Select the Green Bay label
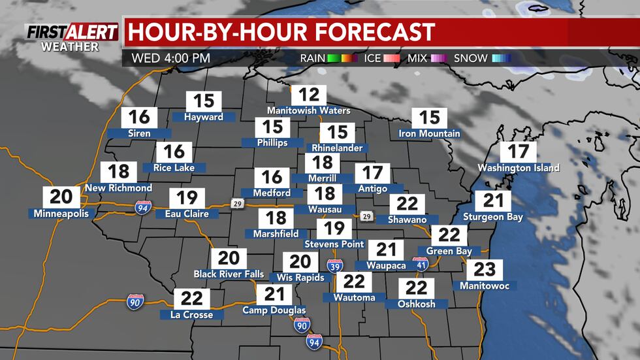[x=449, y=251]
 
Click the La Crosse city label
[x=192, y=315]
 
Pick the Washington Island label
[x=519, y=168]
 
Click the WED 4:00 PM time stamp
[x=170, y=57]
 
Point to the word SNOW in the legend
[x=470, y=58]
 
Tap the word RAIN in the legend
[x=317, y=58]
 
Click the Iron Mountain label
[x=429, y=134]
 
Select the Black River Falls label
[x=229, y=274]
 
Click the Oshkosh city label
[x=416, y=304]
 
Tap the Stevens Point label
[x=334, y=244]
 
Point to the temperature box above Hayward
[x=204, y=101]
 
